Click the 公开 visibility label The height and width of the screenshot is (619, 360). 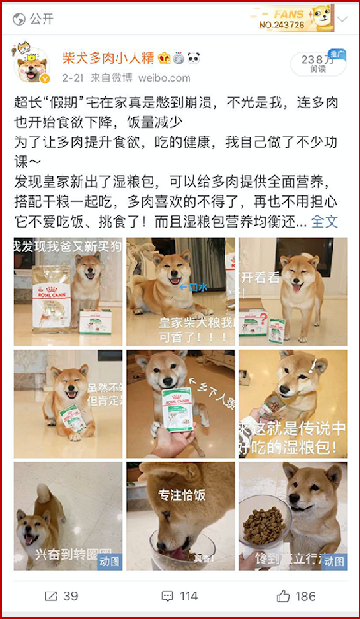click(x=41, y=18)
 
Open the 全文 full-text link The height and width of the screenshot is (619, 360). click(x=324, y=222)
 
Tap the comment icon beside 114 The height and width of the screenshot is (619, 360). click(x=167, y=596)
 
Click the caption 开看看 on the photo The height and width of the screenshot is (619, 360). click(x=260, y=279)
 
